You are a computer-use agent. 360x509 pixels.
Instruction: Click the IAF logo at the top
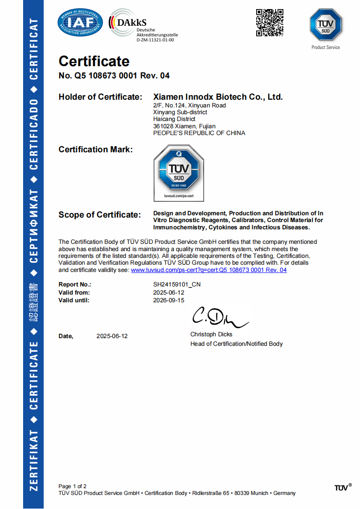pos(81,23)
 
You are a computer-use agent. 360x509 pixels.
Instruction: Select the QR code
pos(270,22)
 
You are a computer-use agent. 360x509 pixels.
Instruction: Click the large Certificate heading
pos(94,61)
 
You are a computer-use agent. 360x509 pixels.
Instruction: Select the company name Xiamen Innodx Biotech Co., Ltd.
pos(218,97)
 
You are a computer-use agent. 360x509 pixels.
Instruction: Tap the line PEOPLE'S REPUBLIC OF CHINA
pos(199,133)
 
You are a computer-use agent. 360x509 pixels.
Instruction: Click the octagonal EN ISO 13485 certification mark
pos(179,173)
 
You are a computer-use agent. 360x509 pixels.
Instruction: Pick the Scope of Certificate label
pos(100,215)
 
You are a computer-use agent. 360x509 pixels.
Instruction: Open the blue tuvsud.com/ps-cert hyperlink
pos(209,270)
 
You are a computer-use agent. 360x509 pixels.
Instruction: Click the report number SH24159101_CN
pos(177,285)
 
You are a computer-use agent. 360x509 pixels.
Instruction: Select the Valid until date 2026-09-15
pos(169,300)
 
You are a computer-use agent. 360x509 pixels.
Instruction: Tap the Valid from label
pos(74,292)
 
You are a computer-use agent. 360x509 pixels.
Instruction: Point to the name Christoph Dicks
pos(211,334)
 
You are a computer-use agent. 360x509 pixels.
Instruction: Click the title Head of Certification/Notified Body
pos(236,344)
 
